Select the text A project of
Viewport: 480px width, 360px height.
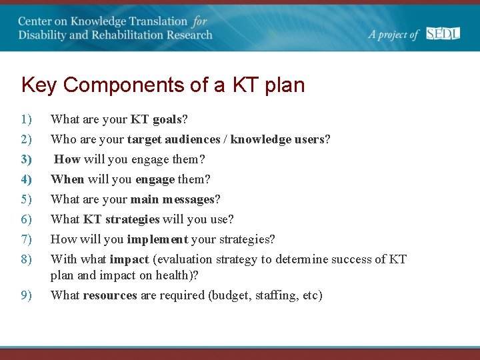pos(393,35)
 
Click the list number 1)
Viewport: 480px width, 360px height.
pos(26,120)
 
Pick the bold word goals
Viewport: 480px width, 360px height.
pos(167,120)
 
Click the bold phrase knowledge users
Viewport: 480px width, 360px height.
pos(277,139)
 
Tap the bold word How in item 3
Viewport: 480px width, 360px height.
pos(67,159)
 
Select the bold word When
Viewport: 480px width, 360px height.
pos(67,179)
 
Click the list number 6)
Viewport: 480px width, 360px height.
pos(26,219)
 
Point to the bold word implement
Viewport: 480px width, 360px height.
pos(157,239)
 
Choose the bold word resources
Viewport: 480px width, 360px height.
pos(110,295)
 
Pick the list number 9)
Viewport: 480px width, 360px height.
pos(26,295)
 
